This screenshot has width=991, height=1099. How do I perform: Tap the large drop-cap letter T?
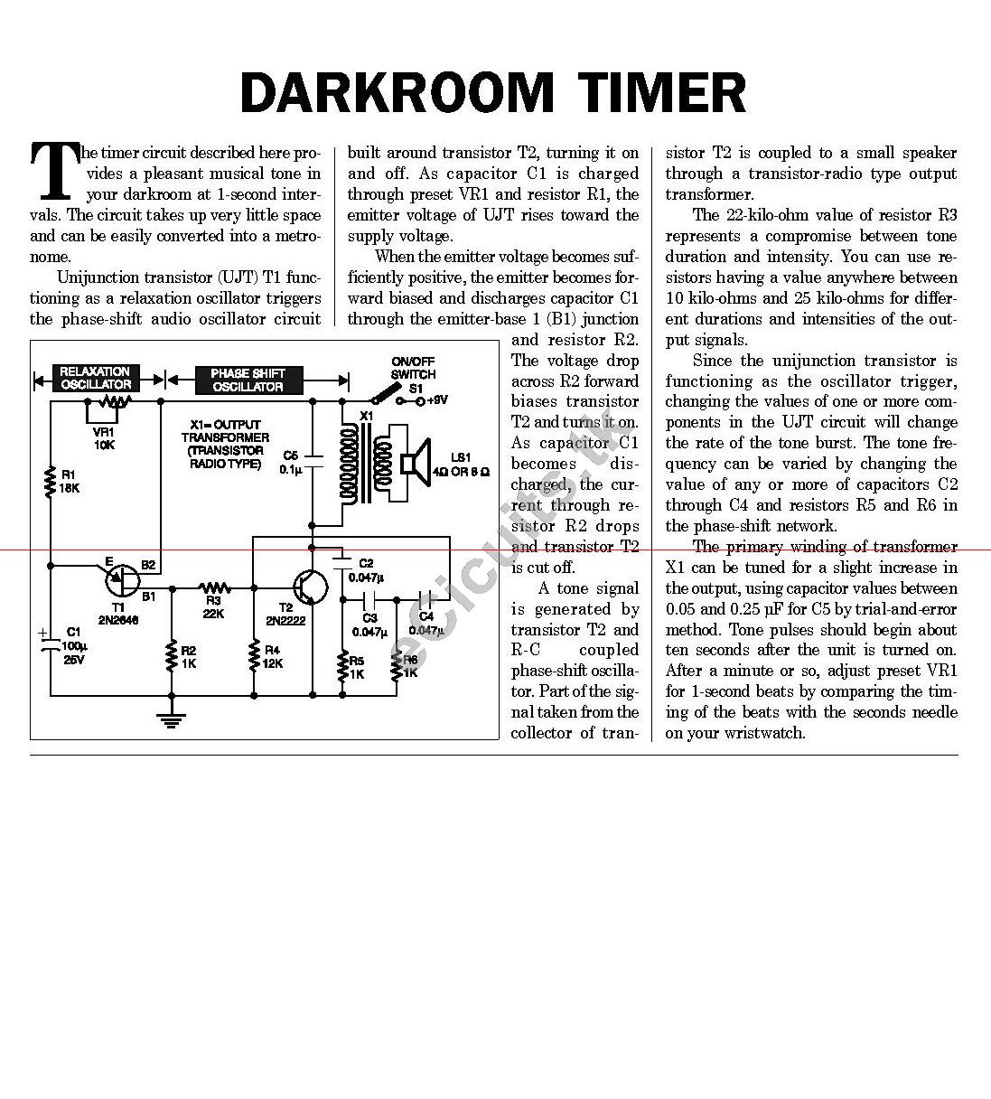(53, 169)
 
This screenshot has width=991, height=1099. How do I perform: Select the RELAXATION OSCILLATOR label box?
(95, 379)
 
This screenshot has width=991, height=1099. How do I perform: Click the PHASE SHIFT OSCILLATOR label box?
(248, 380)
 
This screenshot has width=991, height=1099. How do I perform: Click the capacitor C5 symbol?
(313, 461)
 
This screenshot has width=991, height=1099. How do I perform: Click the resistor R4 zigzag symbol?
(254, 655)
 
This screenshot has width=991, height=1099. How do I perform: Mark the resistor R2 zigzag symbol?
(171, 655)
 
